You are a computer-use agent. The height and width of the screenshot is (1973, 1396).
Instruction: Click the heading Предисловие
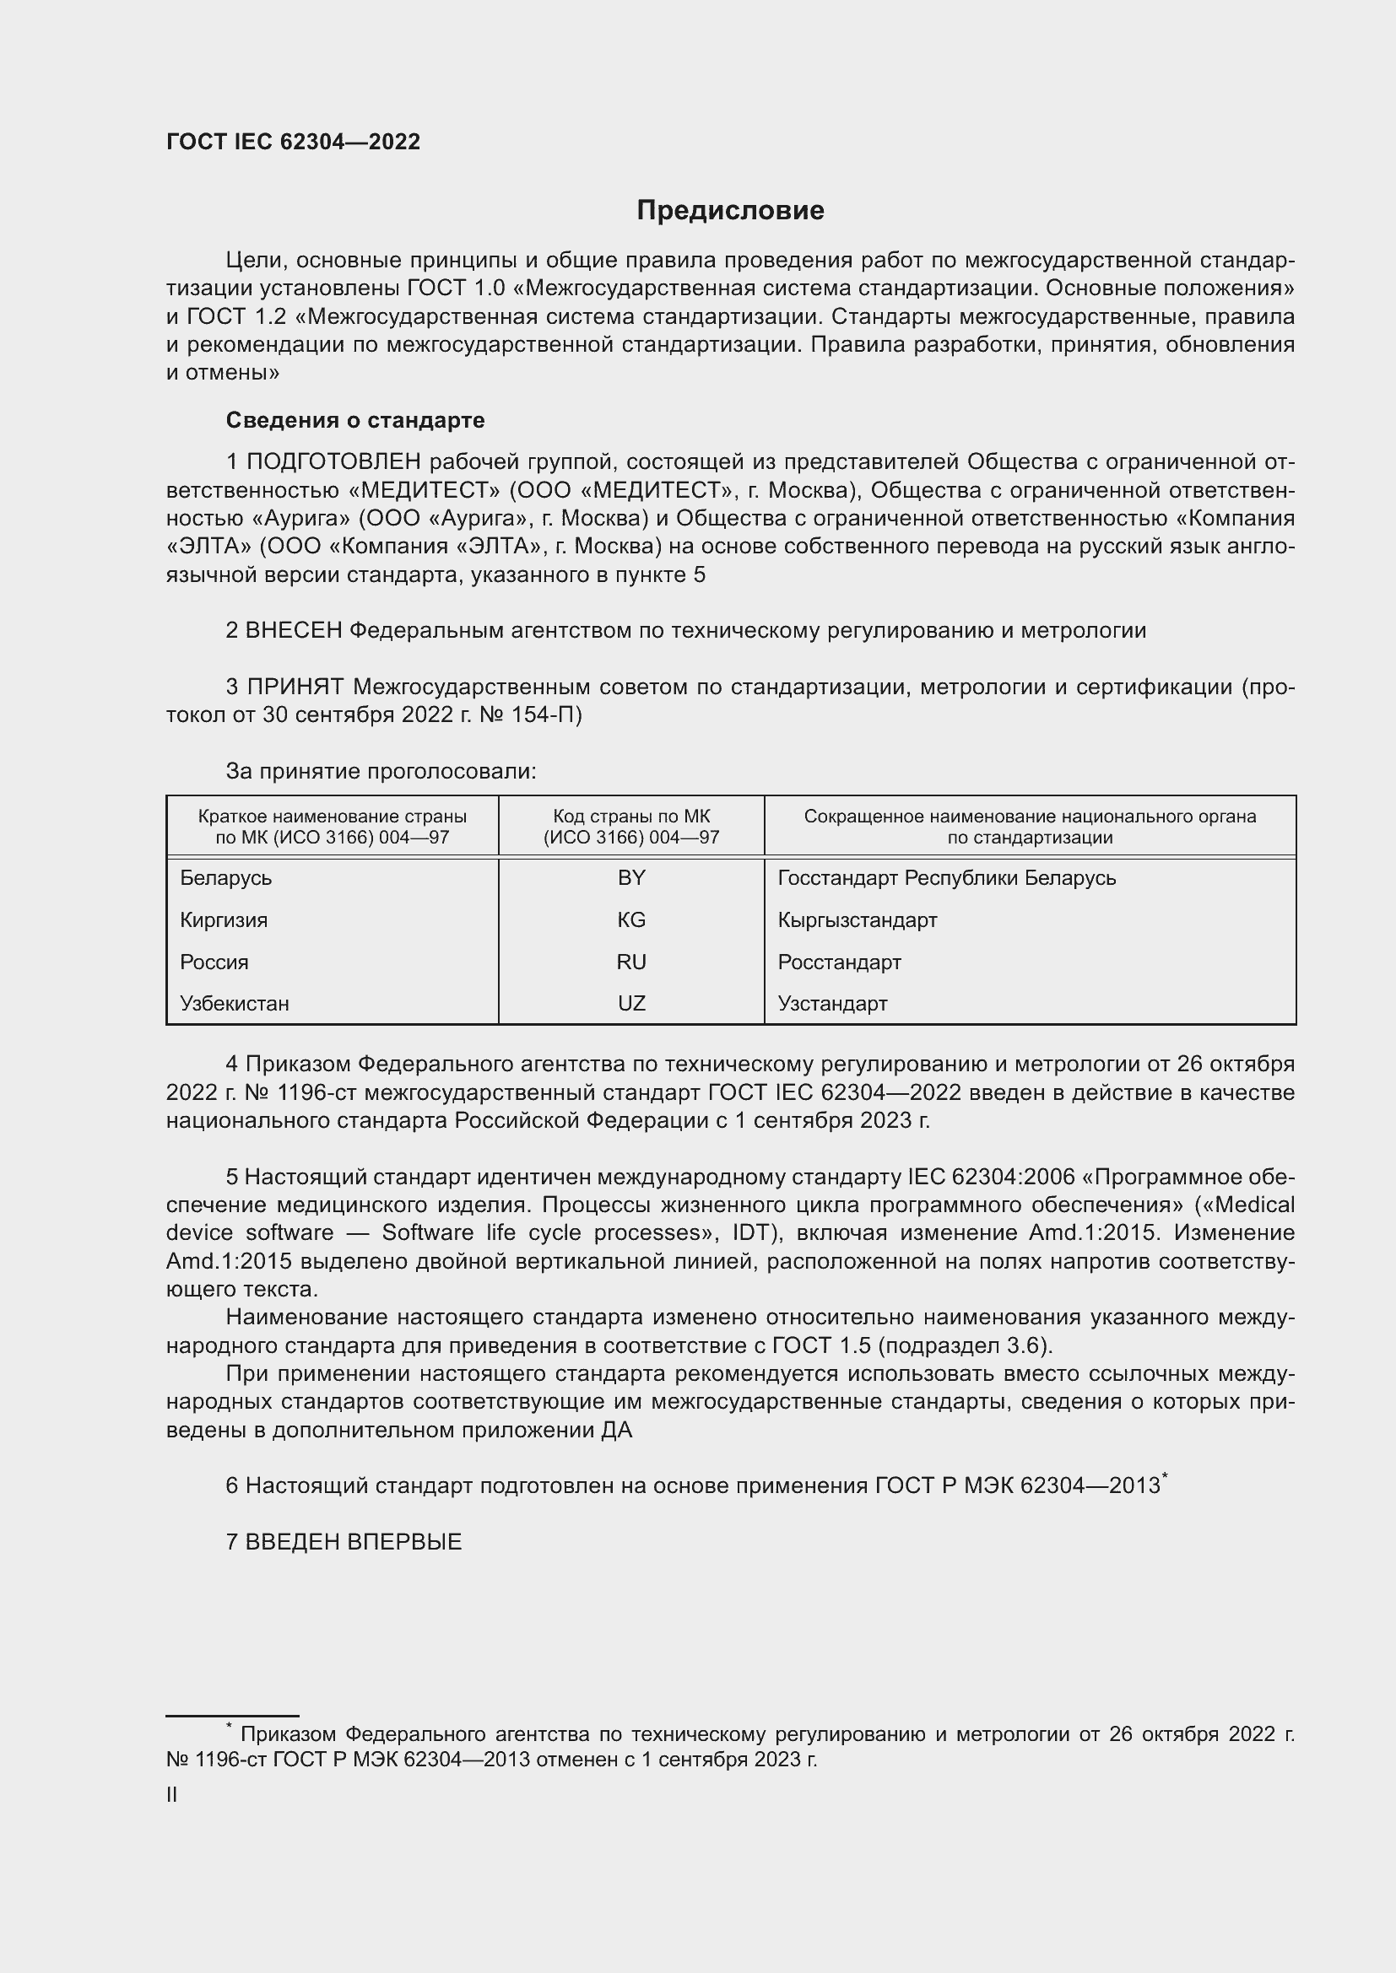pos(730,211)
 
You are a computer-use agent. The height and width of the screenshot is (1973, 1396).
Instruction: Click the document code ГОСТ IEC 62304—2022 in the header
pos(293,143)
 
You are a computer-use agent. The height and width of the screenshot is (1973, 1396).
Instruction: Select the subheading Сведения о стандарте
pos(355,420)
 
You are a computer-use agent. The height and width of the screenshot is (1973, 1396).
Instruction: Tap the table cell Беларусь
pos(226,878)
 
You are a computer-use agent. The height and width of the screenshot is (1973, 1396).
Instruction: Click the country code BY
pos(631,878)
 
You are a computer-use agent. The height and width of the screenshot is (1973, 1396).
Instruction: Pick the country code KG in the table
pos(631,920)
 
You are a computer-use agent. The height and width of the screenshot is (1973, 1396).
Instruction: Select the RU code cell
pos(631,962)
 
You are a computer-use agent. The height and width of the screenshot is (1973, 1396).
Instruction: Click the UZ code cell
pos(631,1004)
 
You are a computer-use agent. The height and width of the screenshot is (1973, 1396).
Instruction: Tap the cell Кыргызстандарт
pos(857,920)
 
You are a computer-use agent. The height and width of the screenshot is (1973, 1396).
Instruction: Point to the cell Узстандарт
pos(832,1004)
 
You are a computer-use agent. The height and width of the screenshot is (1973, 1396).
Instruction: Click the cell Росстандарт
pos(839,962)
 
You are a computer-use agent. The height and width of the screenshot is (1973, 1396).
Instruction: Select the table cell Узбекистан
pos(235,1004)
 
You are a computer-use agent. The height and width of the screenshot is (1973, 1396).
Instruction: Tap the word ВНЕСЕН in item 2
pos(294,631)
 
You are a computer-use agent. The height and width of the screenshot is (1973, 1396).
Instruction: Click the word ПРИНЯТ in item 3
pos(295,687)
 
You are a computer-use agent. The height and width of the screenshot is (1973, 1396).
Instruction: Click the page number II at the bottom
pos(172,1795)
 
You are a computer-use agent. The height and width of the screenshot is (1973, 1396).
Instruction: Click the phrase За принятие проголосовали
pos(381,772)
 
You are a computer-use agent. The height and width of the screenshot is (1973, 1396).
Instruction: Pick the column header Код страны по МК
pos(631,817)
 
